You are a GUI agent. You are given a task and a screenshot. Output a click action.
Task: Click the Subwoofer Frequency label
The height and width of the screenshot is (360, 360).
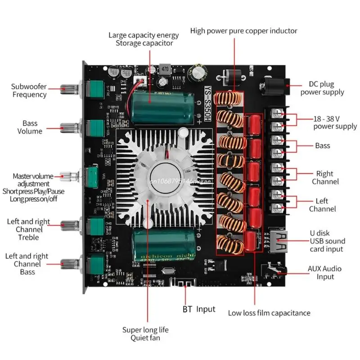(29, 90)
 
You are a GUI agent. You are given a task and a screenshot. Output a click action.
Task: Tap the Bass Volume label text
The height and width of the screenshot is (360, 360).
(30, 127)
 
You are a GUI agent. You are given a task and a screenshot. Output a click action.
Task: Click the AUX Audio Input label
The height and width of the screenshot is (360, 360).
(324, 273)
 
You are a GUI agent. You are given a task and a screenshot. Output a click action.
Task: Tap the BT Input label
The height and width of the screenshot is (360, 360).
(198, 309)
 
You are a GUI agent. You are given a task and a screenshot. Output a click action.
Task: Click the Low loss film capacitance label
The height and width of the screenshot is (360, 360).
(269, 313)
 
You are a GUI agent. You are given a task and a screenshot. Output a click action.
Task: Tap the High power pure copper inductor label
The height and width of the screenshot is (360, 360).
(243, 31)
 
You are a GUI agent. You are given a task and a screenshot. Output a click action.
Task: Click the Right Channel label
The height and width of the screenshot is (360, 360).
(324, 177)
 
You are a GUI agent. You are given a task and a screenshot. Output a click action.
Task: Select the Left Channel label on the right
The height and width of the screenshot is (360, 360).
(322, 205)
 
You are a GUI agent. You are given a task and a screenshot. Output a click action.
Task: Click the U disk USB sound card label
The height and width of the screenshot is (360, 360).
(326, 241)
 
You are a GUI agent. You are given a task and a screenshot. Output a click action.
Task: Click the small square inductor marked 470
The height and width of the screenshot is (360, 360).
(165, 70)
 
